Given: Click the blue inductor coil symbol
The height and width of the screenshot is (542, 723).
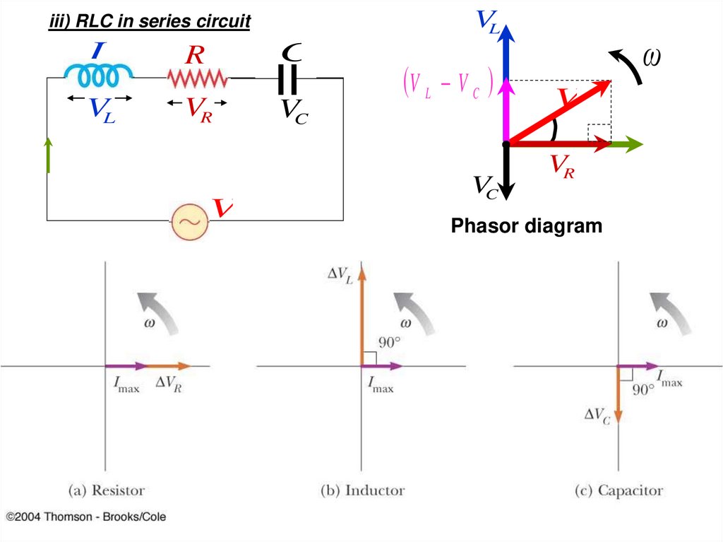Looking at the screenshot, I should point(99,73).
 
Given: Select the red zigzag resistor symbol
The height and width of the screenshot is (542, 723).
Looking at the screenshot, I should point(197,77).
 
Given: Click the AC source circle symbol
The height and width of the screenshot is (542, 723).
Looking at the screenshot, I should point(190,221).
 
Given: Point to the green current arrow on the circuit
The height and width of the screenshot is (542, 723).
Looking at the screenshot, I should point(48,155).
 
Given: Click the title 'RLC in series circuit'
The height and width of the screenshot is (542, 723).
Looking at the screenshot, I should point(149,22).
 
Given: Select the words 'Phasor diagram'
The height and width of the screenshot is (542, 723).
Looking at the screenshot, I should point(527,226).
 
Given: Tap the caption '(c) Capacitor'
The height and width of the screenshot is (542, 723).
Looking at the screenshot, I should point(619,490).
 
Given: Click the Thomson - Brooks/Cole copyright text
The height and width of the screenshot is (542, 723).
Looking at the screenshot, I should point(86,517).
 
